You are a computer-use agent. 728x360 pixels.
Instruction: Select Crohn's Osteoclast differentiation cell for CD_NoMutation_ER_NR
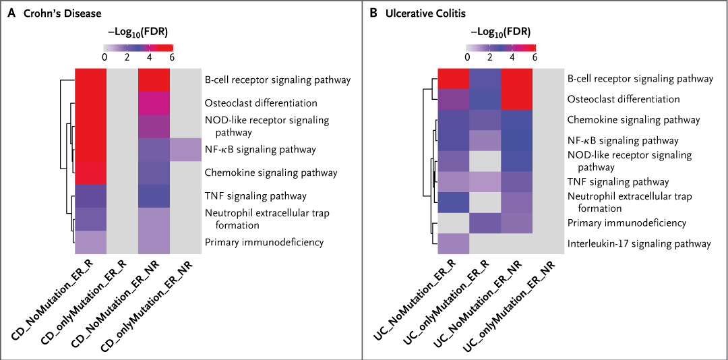(x=154, y=103)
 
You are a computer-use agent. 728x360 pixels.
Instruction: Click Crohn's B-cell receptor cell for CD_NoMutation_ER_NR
(x=154, y=80)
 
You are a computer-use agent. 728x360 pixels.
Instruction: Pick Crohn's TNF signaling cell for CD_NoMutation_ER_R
(x=90, y=196)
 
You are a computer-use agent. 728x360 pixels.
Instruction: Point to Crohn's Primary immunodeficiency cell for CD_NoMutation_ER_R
(x=90, y=242)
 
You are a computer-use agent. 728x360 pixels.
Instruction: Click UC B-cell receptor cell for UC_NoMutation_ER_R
(x=453, y=78)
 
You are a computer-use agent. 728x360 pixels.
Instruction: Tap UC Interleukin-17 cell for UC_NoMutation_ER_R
(x=453, y=243)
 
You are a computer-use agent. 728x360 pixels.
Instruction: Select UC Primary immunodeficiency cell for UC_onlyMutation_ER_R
(x=485, y=222)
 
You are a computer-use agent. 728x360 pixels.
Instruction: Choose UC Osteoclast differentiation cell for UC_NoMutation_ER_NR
(x=516, y=99)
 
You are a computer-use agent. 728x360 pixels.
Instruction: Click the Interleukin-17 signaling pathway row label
(x=638, y=243)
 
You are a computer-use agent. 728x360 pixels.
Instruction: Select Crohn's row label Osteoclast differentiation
(x=251, y=103)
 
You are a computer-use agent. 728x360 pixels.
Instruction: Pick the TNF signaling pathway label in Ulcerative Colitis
(x=617, y=181)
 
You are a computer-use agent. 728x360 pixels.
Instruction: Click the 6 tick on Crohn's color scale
(x=172, y=58)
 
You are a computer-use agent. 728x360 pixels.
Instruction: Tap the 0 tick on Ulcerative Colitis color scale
(x=466, y=58)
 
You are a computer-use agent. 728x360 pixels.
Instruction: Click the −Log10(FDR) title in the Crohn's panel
(x=138, y=31)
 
